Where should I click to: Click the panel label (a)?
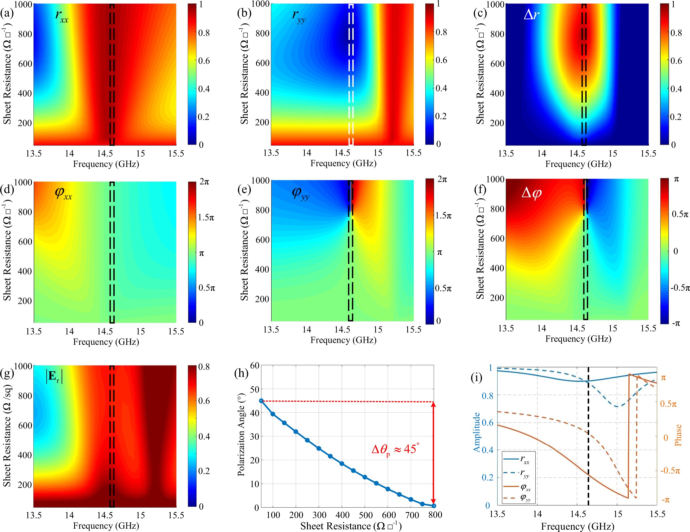[x=7, y=13]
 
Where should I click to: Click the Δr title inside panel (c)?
[x=531, y=15]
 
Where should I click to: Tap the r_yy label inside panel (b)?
[x=298, y=16]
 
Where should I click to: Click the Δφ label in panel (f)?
[x=531, y=193]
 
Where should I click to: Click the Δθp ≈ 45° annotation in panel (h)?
[x=395, y=449]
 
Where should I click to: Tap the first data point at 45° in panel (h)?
[x=261, y=401]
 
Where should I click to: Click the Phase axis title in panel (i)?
[x=678, y=435]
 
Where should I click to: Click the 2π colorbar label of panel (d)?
[x=204, y=182]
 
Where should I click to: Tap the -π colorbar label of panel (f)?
[x=676, y=323]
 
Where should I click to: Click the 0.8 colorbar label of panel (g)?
[x=204, y=367]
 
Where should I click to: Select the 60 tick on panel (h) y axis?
[x=255, y=365]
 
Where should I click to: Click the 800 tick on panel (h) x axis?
[x=435, y=515]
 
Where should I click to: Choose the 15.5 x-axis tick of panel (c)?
[x=648, y=154]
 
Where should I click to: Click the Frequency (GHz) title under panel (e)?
[x=343, y=340]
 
